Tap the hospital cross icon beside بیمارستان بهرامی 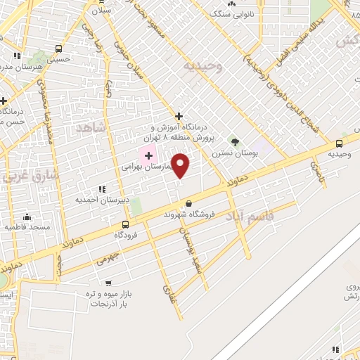coord(148,154)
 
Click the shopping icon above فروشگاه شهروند coord(188,204)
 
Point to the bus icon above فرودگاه coord(125,224)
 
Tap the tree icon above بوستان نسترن coord(235,142)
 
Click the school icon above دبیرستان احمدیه coord(103,188)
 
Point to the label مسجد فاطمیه coord(25,227)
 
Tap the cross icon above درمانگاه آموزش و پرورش coord(179,116)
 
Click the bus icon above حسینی coord(58,50)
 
